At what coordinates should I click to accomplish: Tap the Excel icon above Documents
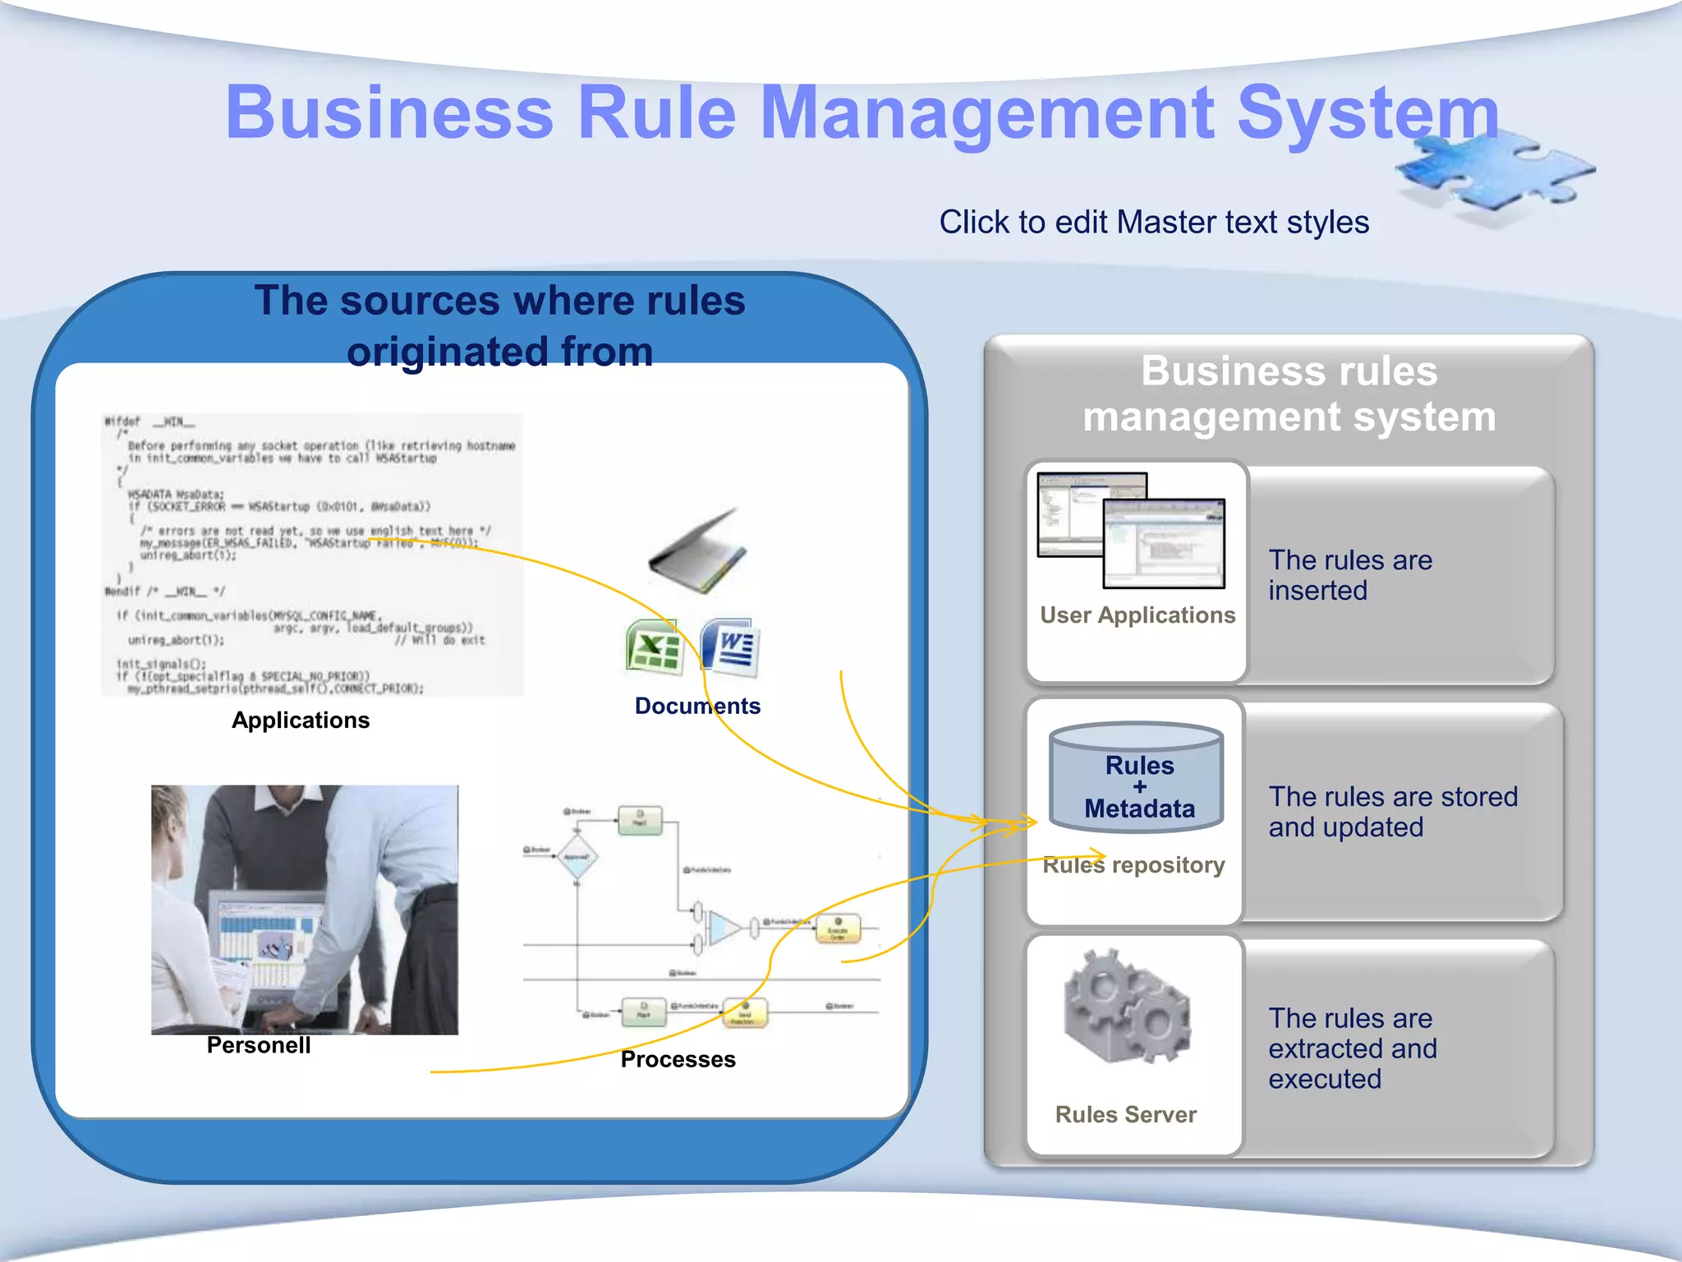[x=654, y=647]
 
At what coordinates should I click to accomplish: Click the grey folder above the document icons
[x=698, y=552]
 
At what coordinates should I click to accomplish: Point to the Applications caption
[x=301, y=721]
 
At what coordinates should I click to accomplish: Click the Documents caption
[x=697, y=706]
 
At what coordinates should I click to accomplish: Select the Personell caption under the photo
[x=259, y=1045]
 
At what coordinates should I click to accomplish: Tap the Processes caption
[x=678, y=1059]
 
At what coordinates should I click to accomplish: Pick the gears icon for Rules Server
[x=1126, y=1006]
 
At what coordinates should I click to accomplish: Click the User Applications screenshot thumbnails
[x=1132, y=530]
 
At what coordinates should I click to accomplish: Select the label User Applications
[x=1137, y=615]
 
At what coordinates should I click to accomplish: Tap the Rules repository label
[x=1133, y=865]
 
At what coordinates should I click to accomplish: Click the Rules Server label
[x=1125, y=1115]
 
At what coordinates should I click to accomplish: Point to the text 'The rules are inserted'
[x=1349, y=575]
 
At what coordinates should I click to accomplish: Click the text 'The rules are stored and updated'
[x=1392, y=812]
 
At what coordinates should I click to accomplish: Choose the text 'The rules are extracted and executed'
[x=1352, y=1048]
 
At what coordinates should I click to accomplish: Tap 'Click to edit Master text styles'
[x=1154, y=222]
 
